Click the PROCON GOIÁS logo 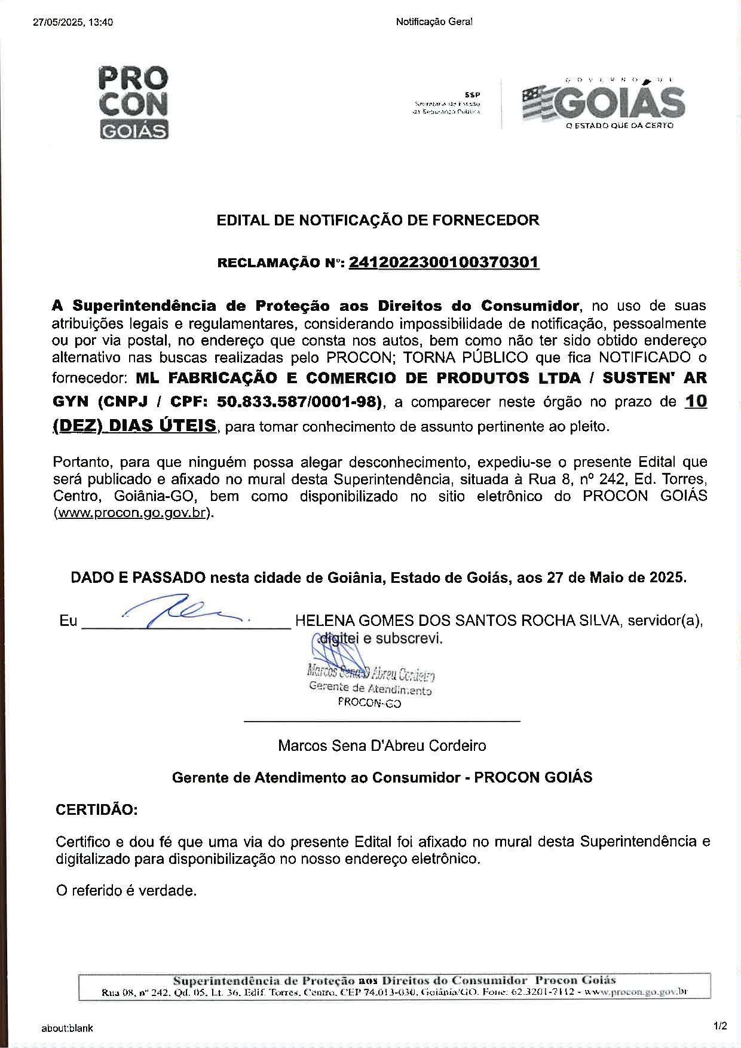click(133, 102)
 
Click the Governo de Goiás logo click(603, 103)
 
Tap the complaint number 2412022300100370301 click(443, 262)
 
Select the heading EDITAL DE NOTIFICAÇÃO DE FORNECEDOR click(378, 220)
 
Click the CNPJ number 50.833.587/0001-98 click(299, 402)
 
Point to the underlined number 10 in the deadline click(696, 401)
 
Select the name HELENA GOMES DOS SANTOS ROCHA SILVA click(457, 621)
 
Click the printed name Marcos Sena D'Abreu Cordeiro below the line click(382, 746)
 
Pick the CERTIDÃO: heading click(96, 810)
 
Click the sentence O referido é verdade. click(126, 891)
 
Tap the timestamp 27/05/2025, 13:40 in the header click(73, 23)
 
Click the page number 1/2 click(720, 1026)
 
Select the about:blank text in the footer click(67, 1028)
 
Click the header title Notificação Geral click(434, 22)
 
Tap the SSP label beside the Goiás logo click(472, 94)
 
